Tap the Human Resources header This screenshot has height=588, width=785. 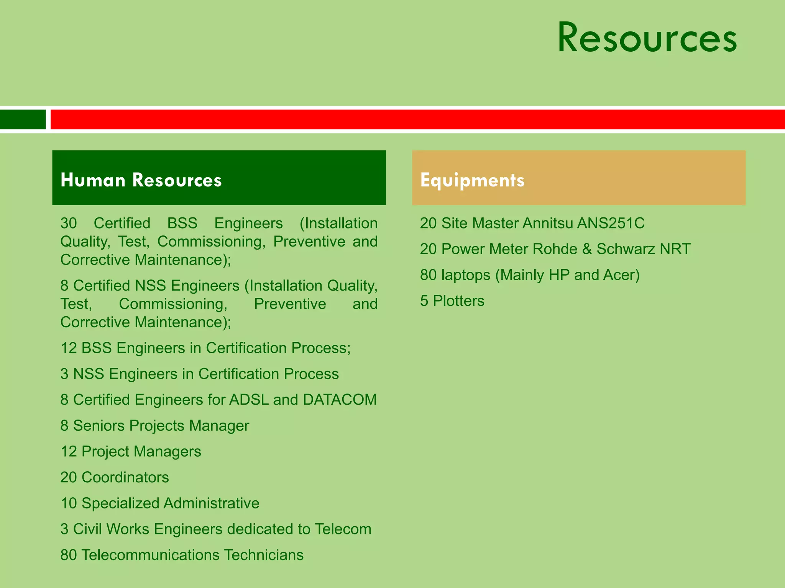141,180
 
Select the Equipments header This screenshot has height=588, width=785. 472,180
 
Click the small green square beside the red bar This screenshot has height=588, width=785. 23,119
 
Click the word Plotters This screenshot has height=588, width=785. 458,301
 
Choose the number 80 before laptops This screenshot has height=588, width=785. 428,275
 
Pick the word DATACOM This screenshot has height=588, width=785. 340,400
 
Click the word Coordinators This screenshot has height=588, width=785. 125,477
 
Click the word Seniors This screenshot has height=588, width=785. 99,426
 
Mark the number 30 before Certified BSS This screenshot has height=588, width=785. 69,223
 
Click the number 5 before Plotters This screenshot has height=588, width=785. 424,301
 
